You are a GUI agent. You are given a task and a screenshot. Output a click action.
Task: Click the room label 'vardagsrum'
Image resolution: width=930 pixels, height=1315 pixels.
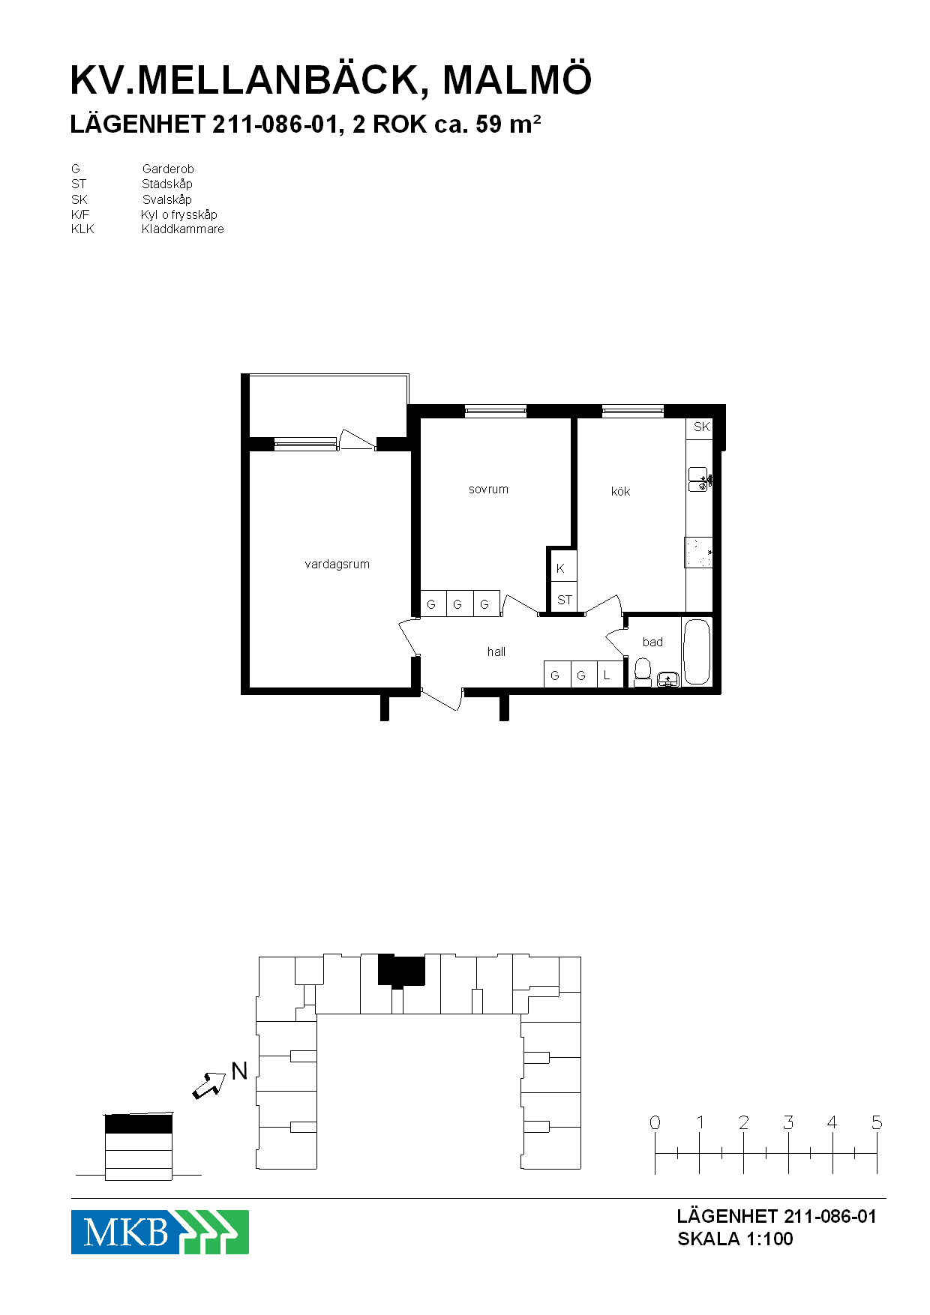point(337,565)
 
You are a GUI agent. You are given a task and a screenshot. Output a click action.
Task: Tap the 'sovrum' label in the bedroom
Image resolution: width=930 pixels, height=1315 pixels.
point(488,490)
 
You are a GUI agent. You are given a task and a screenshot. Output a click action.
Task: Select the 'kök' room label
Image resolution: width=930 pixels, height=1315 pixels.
point(620,491)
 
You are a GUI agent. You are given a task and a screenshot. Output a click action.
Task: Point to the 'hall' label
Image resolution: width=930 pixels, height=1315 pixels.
point(496,652)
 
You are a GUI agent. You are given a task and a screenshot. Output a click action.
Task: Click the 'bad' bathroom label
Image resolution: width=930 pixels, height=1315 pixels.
point(652,642)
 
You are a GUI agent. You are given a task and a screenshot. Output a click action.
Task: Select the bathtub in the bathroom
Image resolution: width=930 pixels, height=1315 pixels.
point(697,652)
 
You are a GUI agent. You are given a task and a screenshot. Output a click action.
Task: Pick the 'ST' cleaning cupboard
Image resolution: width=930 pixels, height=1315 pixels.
point(564,599)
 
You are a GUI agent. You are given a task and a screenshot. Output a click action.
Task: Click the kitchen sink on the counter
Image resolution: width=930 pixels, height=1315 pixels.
point(699,479)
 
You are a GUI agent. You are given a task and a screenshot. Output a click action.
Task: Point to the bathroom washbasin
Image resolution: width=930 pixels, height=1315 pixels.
point(667,679)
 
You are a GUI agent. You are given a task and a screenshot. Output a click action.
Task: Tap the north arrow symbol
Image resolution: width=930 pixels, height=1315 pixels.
point(209,1085)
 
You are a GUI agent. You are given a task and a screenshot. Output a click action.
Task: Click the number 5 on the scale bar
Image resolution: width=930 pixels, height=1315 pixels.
point(877,1122)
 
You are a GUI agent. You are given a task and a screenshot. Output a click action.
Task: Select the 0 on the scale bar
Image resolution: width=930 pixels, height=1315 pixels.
point(655,1122)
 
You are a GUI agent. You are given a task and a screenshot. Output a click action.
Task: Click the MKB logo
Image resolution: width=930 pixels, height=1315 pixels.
point(160,1232)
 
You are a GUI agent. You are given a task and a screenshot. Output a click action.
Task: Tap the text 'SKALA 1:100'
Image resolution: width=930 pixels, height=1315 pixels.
point(735,1239)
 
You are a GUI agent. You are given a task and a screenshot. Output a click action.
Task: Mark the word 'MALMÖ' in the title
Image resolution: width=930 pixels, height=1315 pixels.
point(517,79)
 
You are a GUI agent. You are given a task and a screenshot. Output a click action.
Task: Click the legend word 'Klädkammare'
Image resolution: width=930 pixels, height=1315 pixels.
point(182,229)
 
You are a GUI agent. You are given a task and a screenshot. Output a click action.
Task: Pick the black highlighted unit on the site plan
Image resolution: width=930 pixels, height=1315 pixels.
point(401,970)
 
